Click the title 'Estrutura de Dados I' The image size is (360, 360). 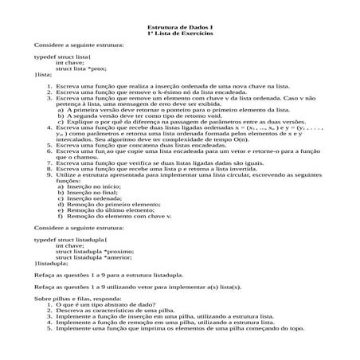coord(180,28)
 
